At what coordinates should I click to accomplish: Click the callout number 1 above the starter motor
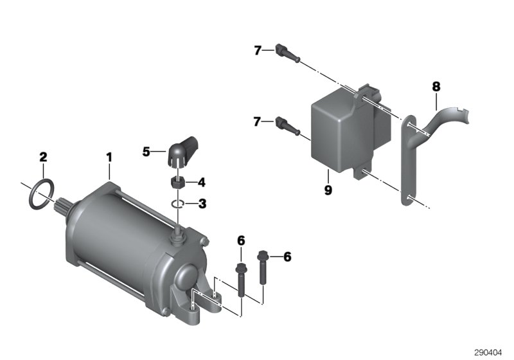point(109,156)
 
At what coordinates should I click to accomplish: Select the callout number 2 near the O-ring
point(44,156)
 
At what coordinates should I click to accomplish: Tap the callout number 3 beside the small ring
point(202,204)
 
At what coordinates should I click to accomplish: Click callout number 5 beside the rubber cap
point(146,152)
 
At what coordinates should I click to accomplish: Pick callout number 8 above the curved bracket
point(436,85)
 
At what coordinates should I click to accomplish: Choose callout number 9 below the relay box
point(328,191)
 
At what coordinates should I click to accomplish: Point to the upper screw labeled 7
point(284,51)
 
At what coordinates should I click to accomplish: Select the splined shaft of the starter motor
point(66,205)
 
